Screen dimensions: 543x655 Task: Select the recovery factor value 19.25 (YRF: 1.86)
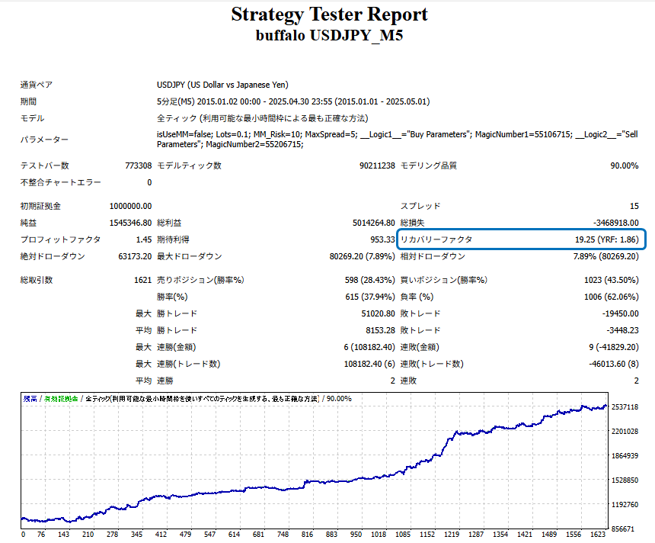pos(606,239)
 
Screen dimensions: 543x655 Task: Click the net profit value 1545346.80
pos(130,223)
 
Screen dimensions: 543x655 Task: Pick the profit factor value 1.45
pos(142,239)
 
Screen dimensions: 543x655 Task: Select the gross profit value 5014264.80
pos(369,223)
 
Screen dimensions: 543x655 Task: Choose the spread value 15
pos(634,206)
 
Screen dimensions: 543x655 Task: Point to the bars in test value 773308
pos(138,165)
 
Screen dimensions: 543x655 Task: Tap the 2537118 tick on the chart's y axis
pos(625,407)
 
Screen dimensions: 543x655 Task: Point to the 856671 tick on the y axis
pos(625,529)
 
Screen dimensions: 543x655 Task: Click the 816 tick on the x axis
pos(306,535)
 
